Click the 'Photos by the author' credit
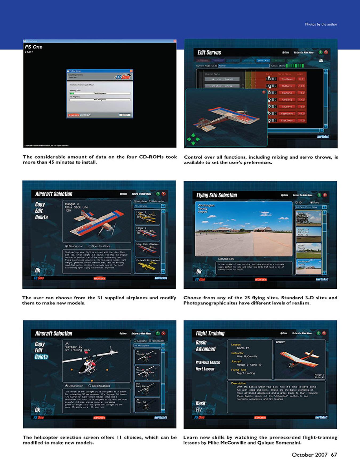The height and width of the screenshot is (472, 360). click(x=321, y=24)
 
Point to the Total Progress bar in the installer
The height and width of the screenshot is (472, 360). click(x=100, y=93)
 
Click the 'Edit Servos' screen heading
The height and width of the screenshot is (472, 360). click(x=209, y=53)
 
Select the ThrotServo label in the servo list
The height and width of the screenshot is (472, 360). click(x=287, y=79)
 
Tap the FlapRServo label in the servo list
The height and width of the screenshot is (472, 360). click(x=287, y=114)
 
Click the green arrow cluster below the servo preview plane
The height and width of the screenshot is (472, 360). click(x=193, y=139)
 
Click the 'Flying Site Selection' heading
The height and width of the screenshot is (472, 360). click(x=217, y=195)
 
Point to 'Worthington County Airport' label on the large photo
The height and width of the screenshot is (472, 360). click(x=206, y=208)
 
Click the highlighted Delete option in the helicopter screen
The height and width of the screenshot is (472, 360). click(x=41, y=357)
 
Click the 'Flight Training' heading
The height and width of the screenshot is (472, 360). click(x=210, y=333)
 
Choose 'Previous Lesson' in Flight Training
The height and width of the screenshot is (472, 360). click(x=208, y=362)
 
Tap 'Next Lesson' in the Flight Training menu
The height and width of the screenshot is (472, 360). click(x=205, y=369)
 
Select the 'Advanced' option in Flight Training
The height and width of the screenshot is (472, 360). click(x=205, y=349)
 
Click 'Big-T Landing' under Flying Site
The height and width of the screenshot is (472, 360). click(x=246, y=373)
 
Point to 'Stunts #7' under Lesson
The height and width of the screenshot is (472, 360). click(x=243, y=348)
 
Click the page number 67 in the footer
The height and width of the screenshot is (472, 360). click(x=334, y=455)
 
